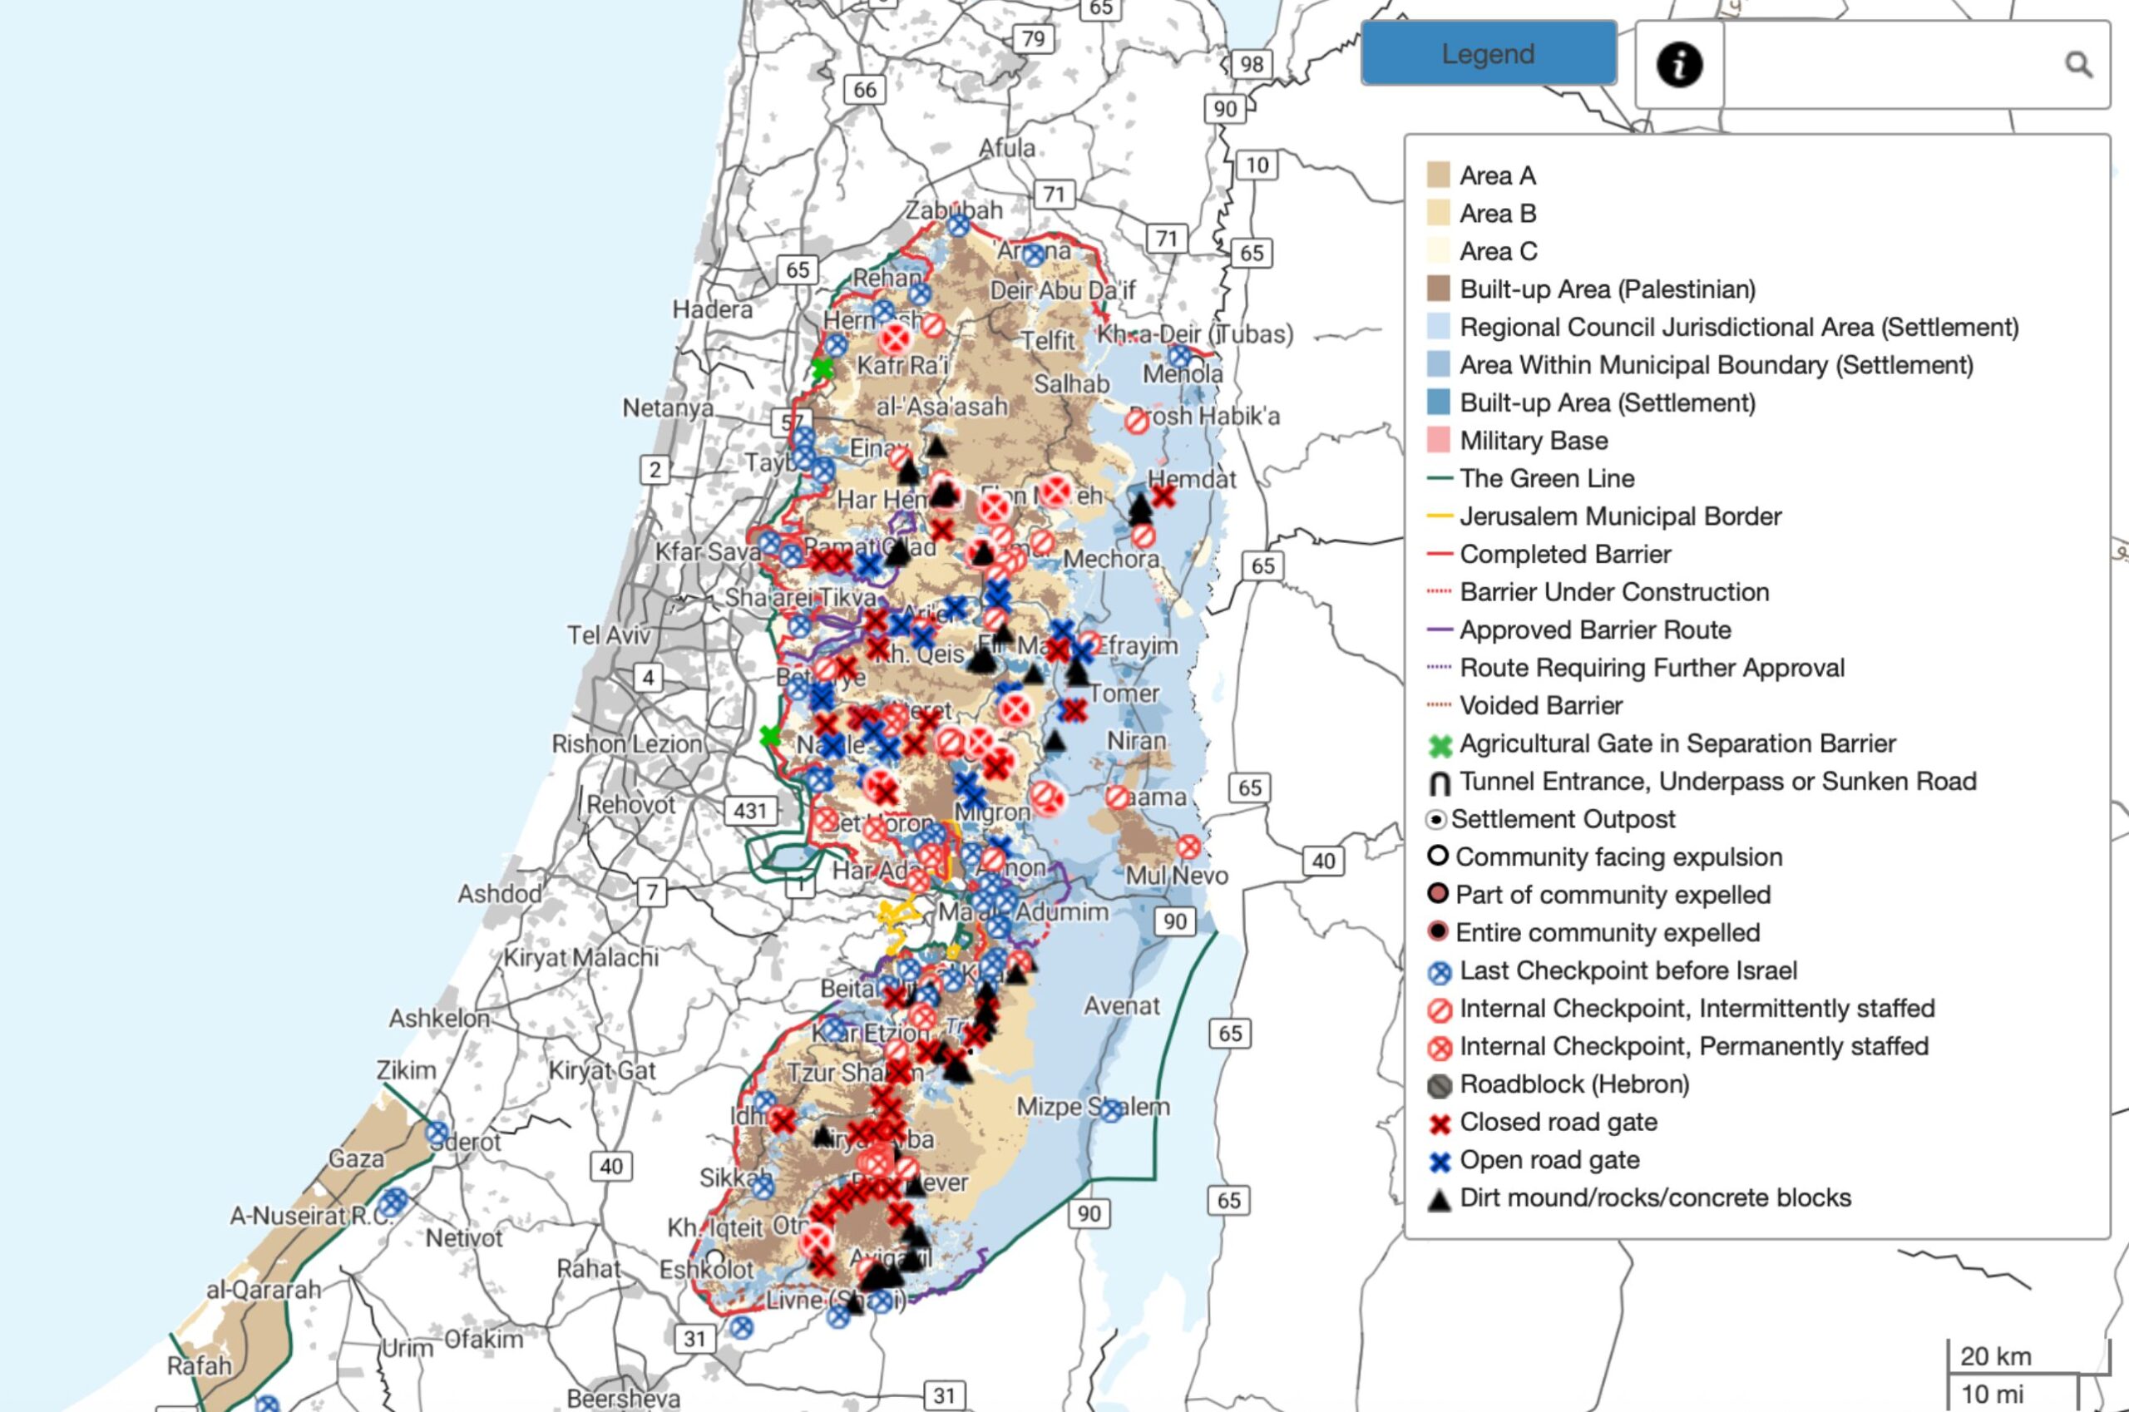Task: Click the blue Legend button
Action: click(1488, 54)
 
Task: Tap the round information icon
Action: click(1679, 65)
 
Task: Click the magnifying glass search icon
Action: click(2077, 65)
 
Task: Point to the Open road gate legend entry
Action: click(1549, 1160)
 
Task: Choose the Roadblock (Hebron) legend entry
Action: click(1573, 1084)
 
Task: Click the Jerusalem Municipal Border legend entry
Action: click(1619, 516)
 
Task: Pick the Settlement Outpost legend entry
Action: click(1562, 819)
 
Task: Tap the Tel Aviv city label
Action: click(609, 634)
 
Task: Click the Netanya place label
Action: click(667, 408)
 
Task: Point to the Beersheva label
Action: click(623, 1399)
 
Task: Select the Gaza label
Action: click(356, 1158)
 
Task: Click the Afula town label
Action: click(1007, 148)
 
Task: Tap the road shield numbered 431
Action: click(749, 811)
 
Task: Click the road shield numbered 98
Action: click(1251, 64)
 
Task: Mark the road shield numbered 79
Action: click(1033, 39)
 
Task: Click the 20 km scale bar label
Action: click(1995, 1356)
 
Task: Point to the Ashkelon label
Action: click(439, 1019)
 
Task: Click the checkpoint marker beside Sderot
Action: click(437, 1133)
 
